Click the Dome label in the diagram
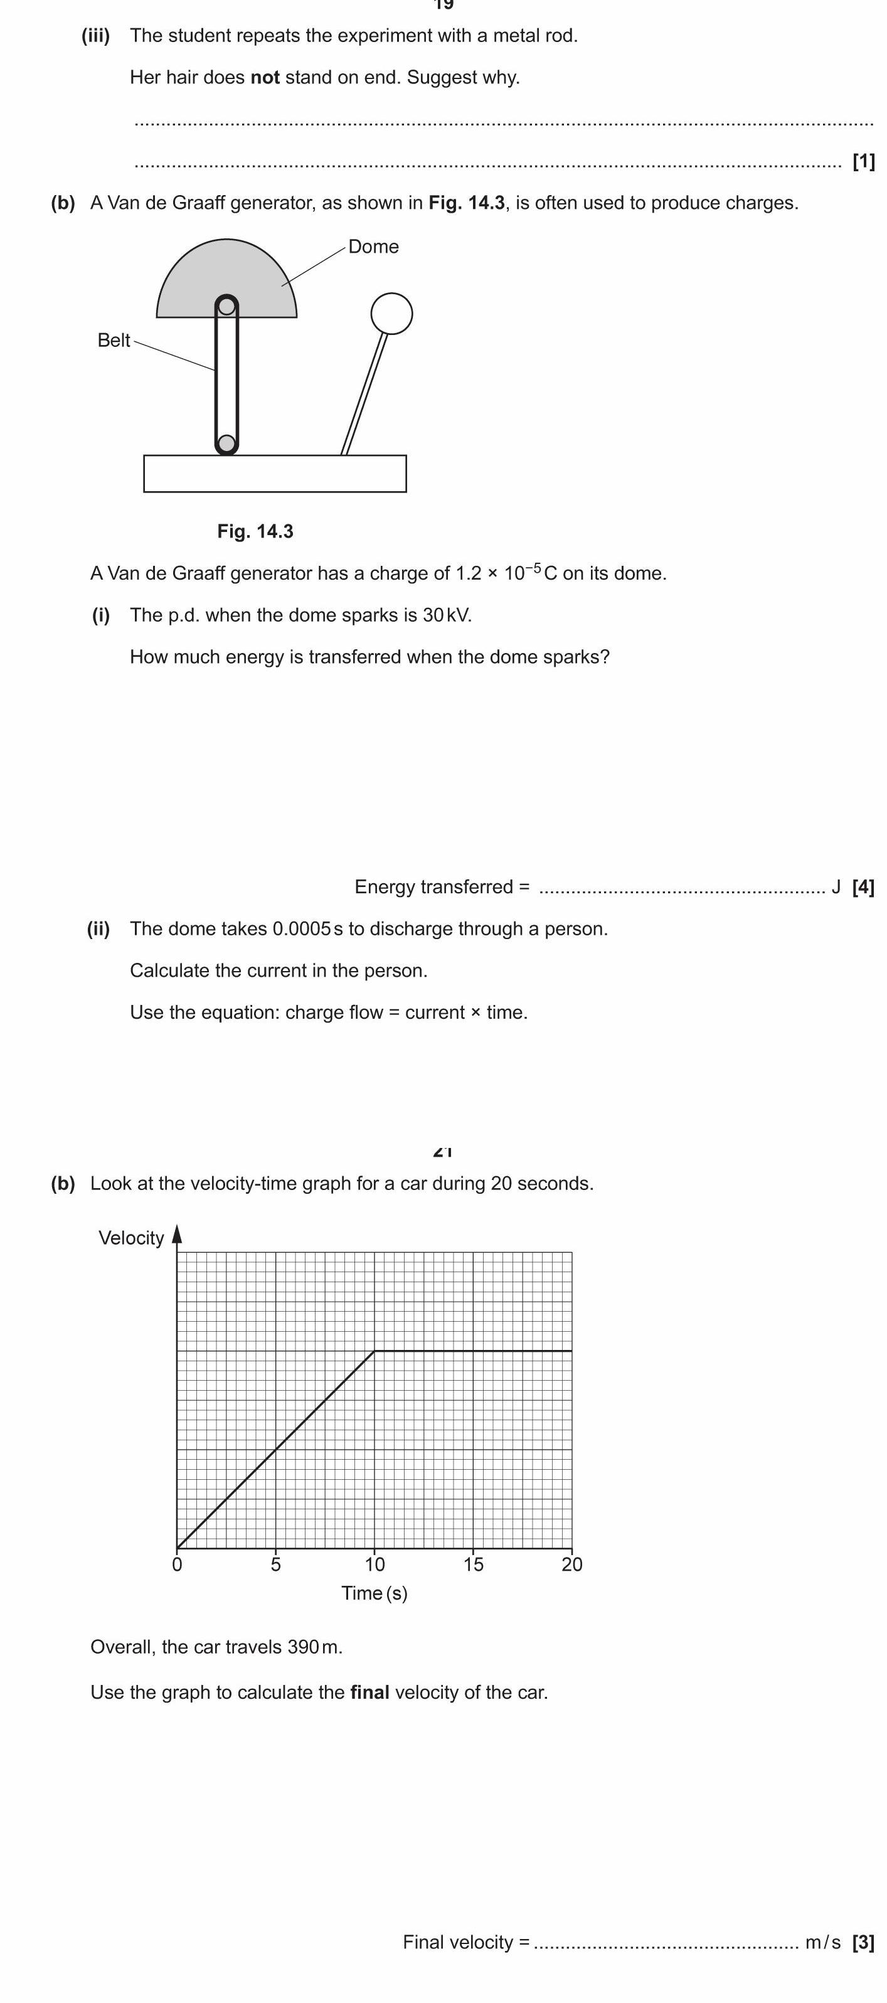[373, 247]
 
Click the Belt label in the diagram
[114, 340]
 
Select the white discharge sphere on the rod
[392, 314]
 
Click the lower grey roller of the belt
[226, 444]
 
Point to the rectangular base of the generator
[275, 474]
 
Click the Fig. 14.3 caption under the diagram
[255, 531]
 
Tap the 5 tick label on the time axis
[276, 1564]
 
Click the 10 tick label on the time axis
[374, 1564]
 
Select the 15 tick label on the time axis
[474, 1564]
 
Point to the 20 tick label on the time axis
[571, 1564]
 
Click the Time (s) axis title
[374, 1593]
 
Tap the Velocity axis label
[131, 1237]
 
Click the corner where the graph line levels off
[374, 1351]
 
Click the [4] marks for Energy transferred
[863, 886]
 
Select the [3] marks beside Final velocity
[863, 1942]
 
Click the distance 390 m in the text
[314, 1646]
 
